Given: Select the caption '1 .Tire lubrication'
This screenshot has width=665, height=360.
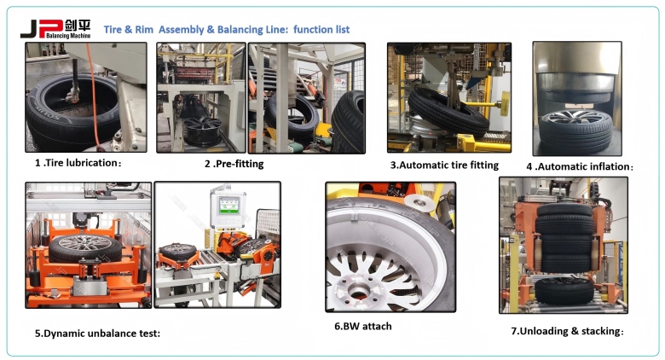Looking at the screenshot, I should [73, 162].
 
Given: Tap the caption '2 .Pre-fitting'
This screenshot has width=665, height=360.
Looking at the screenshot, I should [234, 163].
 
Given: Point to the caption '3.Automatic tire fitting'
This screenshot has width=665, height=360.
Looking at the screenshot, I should [444, 165].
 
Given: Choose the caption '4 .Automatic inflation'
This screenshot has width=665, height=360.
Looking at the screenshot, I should [580, 165].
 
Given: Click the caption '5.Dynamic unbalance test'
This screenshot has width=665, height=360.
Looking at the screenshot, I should [97, 333].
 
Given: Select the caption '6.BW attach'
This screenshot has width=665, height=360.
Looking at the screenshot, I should [362, 325].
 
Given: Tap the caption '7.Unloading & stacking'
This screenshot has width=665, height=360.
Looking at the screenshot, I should [567, 330].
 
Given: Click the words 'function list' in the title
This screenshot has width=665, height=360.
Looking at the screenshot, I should [321, 30].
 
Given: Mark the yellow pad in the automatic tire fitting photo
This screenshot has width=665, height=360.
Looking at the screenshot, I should [501, 105].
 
